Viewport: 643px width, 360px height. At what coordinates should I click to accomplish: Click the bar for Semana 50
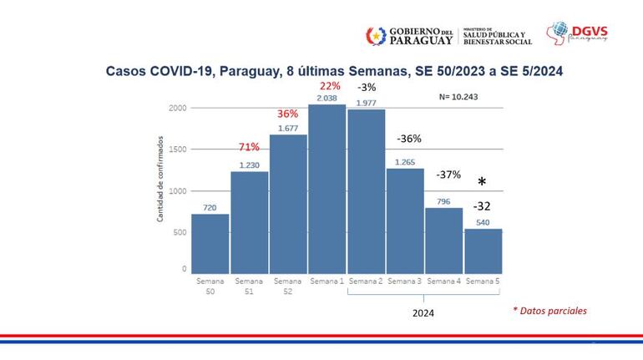click(210, 243)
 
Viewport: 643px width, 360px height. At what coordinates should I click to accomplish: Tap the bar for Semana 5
click(484, 251)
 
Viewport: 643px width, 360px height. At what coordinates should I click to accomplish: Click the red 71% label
click(250, 148)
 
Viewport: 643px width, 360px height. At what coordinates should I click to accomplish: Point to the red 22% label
click(327, 87)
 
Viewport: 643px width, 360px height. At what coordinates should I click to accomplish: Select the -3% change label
click(367, 88)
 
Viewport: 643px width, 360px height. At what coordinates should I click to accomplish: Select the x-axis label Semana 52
click(288, 286)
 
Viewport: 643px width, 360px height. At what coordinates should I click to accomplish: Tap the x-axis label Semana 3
click(405, 281)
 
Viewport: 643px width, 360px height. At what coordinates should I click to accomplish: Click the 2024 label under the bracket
click(424, 313)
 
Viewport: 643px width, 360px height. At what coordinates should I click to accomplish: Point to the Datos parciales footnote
click(549, 311)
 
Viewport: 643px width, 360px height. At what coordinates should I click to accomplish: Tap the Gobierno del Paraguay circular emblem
click(376, 36)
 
